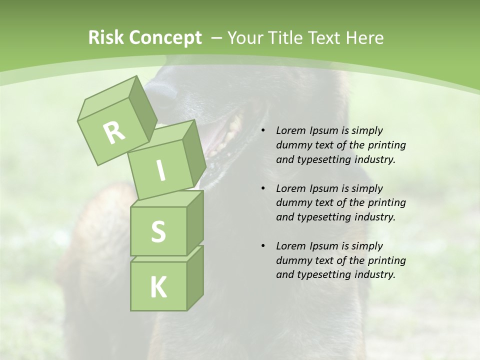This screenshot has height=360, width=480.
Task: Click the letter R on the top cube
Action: [x=114, y=132]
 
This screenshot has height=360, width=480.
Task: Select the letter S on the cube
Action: [x=158, y=231]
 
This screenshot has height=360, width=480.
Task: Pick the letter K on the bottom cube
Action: [x=158, y=287]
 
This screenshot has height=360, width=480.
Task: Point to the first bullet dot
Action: [x=263, y=131]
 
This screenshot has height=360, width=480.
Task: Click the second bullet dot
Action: [x=263, y=188]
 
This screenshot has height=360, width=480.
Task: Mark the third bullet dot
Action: [x=263, y=246]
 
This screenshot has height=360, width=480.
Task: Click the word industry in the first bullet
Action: [x=374, y=160]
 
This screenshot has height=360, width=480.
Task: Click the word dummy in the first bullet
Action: [x=292, y=145]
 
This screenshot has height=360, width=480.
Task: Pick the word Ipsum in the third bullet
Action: [x=325, y=246]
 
